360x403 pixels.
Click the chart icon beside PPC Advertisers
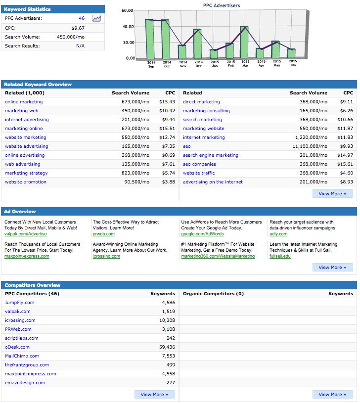[x=96, y=18]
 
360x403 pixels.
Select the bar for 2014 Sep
[x=150, y=39]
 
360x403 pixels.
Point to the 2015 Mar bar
[x=244, y=42]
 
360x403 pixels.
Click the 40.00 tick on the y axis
[x=128, y=27]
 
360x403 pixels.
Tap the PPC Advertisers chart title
[x=222, y=5]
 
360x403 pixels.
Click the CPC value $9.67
[x=78, y=28]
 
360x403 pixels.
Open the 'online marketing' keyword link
[x=24, y=102]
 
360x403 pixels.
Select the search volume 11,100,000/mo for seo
[x=310, y=146]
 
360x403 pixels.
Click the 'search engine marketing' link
[x=211, y=155]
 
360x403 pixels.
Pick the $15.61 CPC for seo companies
[x=345, y=164]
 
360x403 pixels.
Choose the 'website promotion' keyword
[x=26, y=182]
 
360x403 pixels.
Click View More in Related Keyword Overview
[x=332, y=194]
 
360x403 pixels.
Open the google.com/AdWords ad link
[x=202, y=234]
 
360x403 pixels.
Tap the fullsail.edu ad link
[x=280, y=256]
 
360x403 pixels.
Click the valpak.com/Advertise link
[x=26, y=234]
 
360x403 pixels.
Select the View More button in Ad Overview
[x=332, y=268]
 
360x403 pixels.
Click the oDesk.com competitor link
[x=17, y=347]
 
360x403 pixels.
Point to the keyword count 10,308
[x=167, y=320]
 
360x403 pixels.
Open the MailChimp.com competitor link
[x=22, y=356]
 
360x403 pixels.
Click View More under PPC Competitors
[x=154, y=394]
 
